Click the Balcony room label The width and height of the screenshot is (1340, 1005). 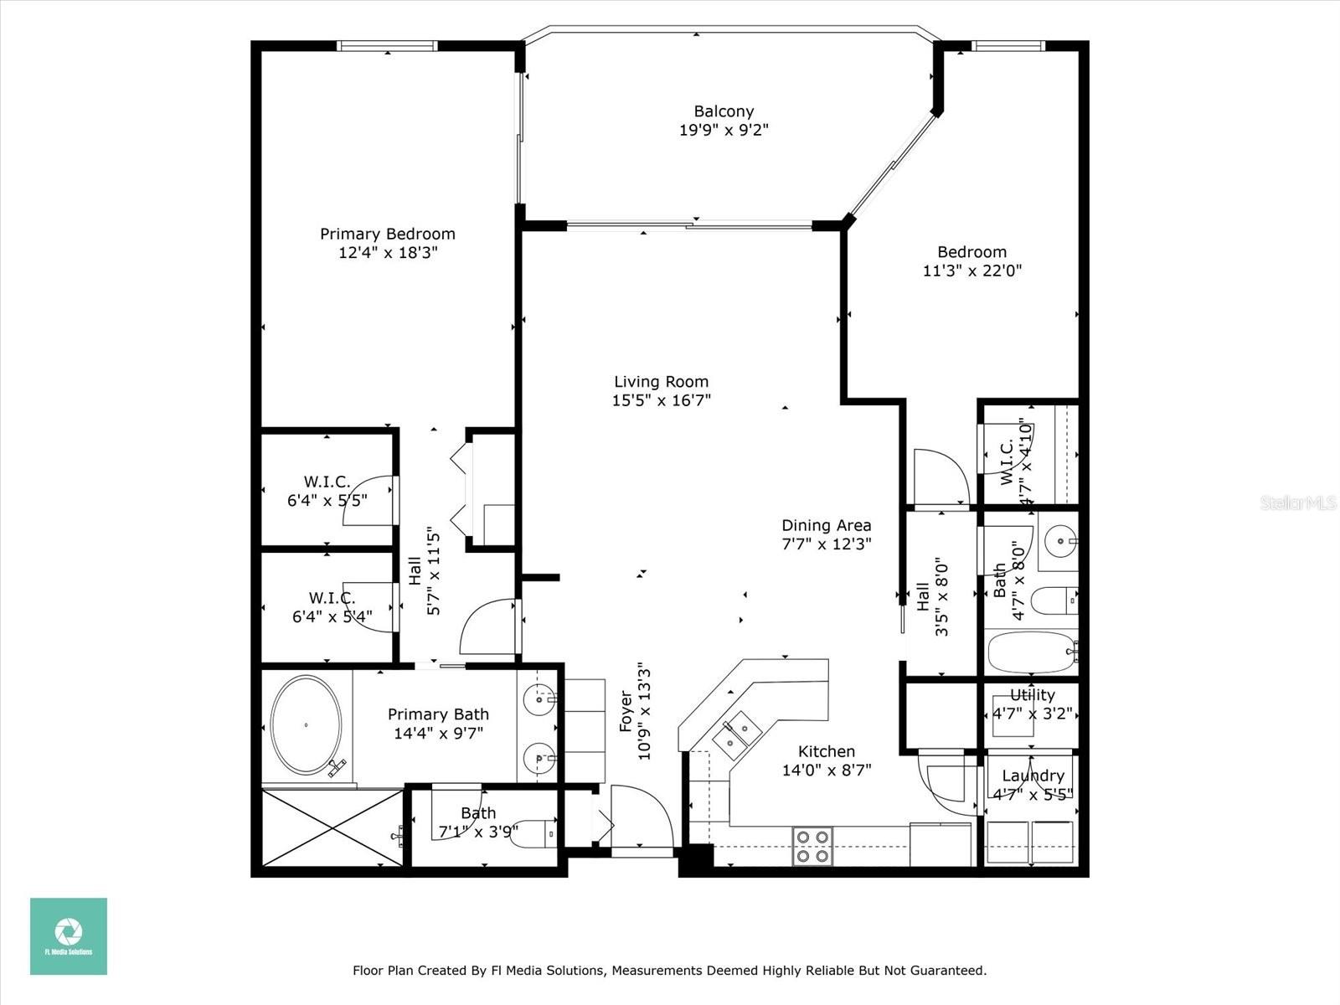[x=724, y=111]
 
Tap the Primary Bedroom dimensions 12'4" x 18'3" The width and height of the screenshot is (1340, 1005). [x=389, y=253]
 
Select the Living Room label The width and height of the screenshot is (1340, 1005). [x=661, y=382]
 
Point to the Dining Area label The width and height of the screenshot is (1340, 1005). [x=827, y=525]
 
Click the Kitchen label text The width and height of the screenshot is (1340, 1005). [x=827, y=751]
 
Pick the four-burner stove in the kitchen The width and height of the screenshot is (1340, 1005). [x=812, y=847]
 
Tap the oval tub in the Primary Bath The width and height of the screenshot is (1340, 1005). [x=306, y=725]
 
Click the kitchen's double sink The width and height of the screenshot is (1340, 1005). [x=738, y=735]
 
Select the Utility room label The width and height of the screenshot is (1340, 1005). [x=1033, y=695]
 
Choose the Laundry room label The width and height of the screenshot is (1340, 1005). [x=1033, y=776]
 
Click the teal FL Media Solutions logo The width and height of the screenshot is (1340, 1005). [x=69, y=936]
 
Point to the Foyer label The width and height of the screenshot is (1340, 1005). [x=626, y=711]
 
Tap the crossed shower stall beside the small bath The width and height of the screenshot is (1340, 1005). [x=332, y=827]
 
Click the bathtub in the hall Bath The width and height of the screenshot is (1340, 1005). [x=1031, y=652]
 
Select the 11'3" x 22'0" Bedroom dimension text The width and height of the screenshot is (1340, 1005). [x=971, y=271]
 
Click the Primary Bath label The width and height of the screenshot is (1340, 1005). [x=438, y=714]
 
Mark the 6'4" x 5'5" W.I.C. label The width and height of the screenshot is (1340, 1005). [x=327, y=492]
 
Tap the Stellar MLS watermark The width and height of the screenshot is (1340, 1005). [x=1298, y=502]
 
